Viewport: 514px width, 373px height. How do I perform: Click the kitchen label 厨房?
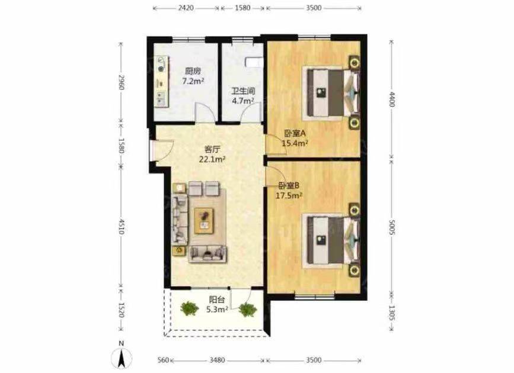pos(193,70)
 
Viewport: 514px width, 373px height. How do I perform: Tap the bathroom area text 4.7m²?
pos(243,101)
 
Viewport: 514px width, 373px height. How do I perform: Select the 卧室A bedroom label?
pos(295,133)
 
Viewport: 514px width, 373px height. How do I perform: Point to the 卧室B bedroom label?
pos(289,186)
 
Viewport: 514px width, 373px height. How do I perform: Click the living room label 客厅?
pos(212,150)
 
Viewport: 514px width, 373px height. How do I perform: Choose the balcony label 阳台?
pos(217,300)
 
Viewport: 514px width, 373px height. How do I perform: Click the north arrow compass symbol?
pos(122,356)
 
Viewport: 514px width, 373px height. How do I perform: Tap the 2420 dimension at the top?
pos(186,8)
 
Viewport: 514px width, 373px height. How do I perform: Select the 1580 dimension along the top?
pos(243,8)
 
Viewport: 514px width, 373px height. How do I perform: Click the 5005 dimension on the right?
pos(392,226)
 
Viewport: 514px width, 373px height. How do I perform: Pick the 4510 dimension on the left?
pos(121,227)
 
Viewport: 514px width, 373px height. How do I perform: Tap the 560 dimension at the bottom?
pos(163,360)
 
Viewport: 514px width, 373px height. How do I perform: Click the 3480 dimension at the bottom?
pos(218,360)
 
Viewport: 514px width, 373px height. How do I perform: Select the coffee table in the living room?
pos(204,221)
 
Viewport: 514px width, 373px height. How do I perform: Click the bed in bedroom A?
pos(330,91)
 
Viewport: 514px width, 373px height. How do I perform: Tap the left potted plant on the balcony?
pos(189,308)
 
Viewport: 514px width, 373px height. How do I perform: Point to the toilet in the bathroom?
pos(254,62)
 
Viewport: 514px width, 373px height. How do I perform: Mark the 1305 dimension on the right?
pos(392,313)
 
